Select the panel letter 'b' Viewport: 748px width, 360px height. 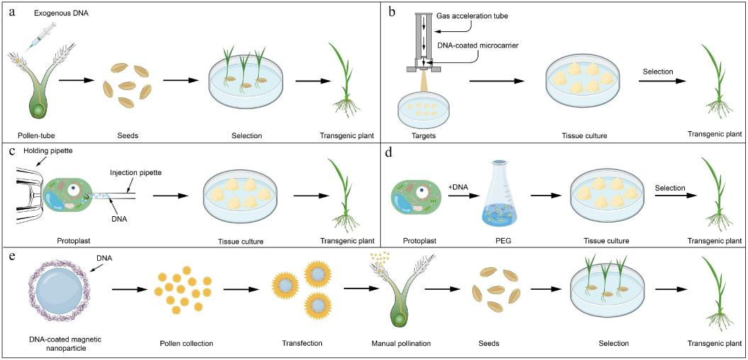391,10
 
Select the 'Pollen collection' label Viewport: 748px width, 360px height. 188,344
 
